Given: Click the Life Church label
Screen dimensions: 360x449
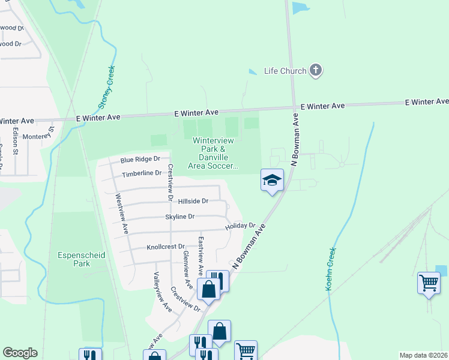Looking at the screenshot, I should [x=285, y=71].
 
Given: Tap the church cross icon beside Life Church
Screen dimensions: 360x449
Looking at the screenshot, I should [x=316, y=71].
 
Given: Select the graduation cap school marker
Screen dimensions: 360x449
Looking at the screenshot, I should [x=271, y=179].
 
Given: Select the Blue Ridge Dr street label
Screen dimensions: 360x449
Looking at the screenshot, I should [x=140, y=160].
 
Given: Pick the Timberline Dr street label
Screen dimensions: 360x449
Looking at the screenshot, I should [x=142, y=173].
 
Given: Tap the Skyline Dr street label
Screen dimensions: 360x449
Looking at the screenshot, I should [x=180, y=217].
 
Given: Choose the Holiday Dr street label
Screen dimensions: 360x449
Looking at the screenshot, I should [x=240, y=226].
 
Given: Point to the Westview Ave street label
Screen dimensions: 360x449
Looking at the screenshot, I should [x=121, y=214].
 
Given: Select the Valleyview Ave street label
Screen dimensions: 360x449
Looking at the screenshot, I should [x=163, y=293].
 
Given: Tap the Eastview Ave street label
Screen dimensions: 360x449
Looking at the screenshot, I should [x=201, y=256].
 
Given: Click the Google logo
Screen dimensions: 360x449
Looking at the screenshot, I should [x=20, y=353].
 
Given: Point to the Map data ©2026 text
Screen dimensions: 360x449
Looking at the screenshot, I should [x=423, y=355].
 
